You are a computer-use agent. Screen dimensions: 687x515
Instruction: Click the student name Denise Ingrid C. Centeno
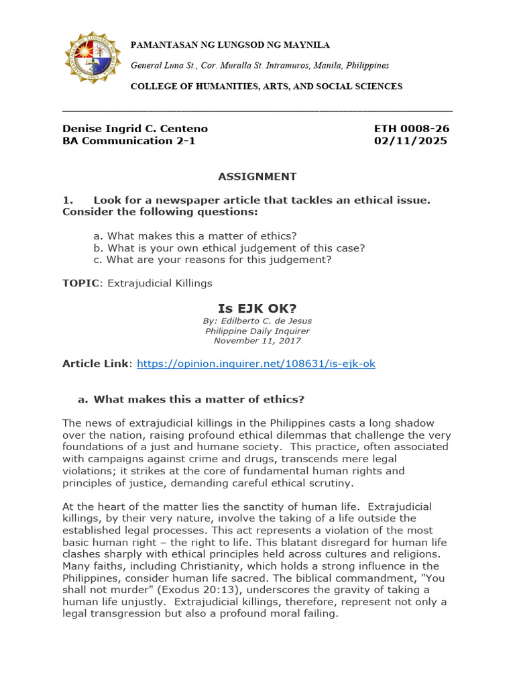tap(135, 128)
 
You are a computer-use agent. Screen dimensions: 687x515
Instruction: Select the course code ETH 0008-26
tap(411, 128)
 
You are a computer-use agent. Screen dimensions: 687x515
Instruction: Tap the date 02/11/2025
tap(410, 141)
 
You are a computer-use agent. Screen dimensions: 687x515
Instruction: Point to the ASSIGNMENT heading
tap(257, 176)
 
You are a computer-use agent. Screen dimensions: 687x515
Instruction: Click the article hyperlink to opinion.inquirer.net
tap(255, 364)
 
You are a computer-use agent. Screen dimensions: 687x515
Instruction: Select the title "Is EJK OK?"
tap(257, 309)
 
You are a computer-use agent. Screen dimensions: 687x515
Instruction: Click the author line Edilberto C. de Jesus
tap(257, 321)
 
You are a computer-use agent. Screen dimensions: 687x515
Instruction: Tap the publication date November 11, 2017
tap(257, 340)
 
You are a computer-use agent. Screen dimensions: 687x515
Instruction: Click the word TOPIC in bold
tap(80, 283)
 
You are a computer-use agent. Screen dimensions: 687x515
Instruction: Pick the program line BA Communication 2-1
tap(129, 141)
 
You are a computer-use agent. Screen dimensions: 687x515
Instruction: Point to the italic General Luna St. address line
tap(260, 66)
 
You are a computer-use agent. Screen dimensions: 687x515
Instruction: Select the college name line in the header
tap(266, 87)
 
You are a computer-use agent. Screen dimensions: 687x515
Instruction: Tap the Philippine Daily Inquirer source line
tap(257, 331)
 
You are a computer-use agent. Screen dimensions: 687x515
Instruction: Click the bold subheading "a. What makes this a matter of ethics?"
tap(191, 399)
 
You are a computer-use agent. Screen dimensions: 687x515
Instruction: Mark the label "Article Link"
tap(96, 364)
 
